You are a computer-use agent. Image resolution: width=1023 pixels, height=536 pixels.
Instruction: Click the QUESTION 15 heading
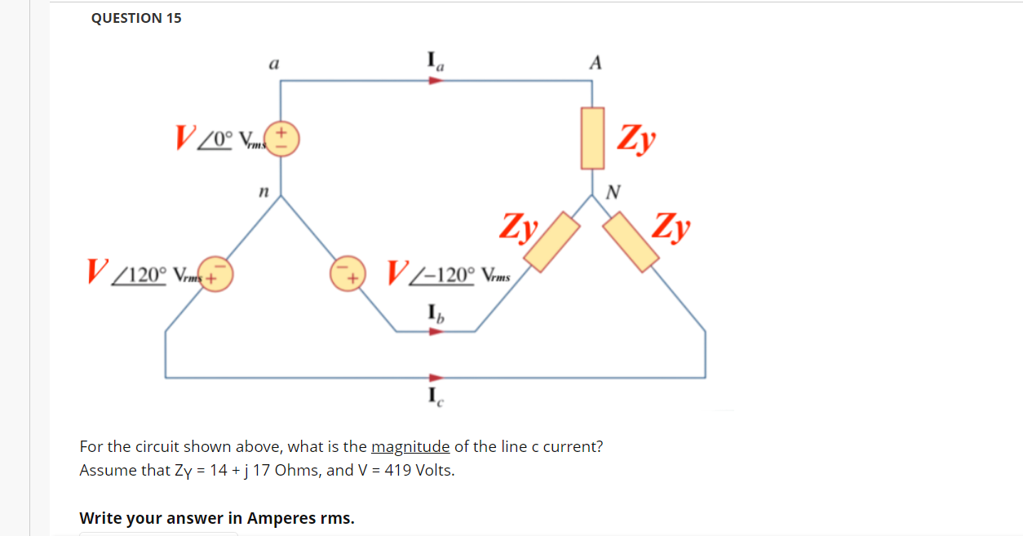pos(136,18)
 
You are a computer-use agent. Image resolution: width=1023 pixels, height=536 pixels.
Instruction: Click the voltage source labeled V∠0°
pos(283,139)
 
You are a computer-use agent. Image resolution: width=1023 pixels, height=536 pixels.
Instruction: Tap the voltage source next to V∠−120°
pos(347,272)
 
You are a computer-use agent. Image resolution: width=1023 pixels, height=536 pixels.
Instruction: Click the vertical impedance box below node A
pos(592,138)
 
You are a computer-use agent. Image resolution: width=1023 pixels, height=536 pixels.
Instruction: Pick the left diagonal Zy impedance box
pos(551,241)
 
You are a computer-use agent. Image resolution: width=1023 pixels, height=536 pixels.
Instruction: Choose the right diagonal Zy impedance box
pos(631,241)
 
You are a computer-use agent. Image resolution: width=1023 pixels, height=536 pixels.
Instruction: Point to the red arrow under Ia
pos(436,81)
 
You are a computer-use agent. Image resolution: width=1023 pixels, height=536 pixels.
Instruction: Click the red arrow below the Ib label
pos(436,331)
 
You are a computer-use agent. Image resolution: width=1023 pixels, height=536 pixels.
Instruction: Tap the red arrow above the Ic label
pos(436,378)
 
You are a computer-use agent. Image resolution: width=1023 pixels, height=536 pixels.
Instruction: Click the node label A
pos(596,63)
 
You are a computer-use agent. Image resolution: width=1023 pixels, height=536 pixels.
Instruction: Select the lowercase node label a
pos(275,63)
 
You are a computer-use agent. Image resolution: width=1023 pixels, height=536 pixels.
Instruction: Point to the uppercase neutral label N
pos(613,193)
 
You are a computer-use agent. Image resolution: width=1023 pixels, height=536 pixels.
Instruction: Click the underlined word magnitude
pos(410,446)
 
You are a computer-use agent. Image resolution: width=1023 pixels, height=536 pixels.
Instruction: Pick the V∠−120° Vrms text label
pos(449,272)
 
